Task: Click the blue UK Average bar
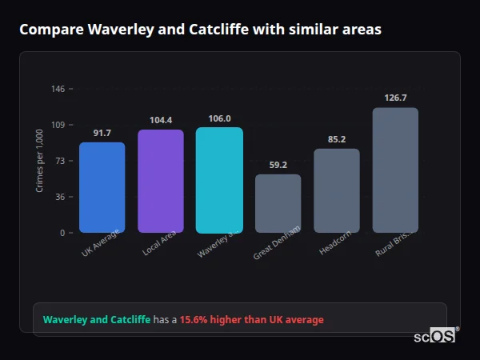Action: (102, 188)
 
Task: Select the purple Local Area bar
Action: (161, 182)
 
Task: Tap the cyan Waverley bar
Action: (219, 180)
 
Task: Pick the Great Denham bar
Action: (278, 204)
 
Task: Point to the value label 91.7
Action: (102, 133)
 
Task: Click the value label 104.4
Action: (161, 120)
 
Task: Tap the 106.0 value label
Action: (219, 118)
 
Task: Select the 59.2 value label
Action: (278, 165)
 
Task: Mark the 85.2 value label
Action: (337, 139)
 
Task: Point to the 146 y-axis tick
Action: (58, 89)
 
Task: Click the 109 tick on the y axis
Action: (58, 125)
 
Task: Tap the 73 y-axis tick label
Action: (60, 161)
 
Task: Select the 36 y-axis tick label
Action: (60, 197)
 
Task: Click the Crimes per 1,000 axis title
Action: (40, 161)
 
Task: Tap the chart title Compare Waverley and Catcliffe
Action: (200, 30)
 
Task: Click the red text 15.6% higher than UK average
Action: (251, 320)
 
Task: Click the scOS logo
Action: (435, 336)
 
